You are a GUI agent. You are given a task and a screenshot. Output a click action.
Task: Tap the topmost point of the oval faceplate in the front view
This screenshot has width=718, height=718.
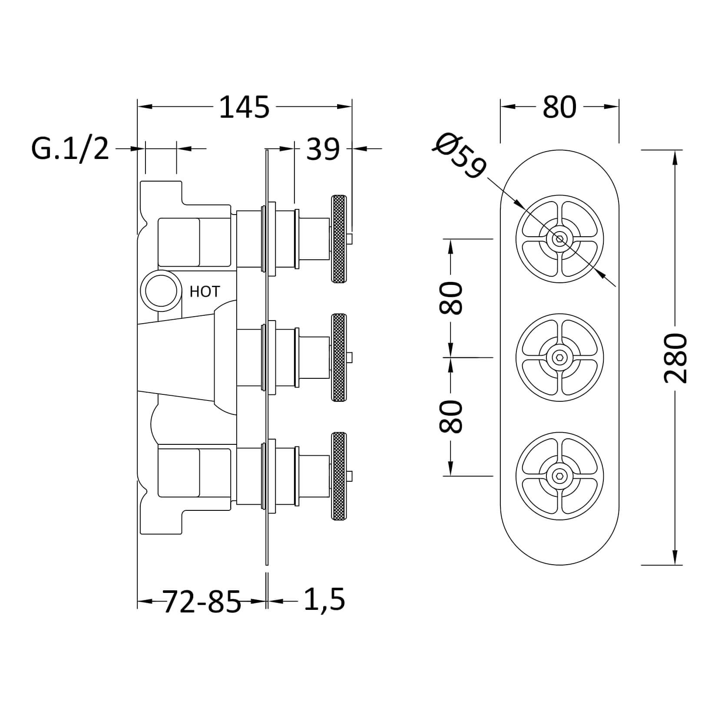tap(559, 150)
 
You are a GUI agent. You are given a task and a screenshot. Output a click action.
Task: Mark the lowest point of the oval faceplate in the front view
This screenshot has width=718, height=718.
tap(559, 565)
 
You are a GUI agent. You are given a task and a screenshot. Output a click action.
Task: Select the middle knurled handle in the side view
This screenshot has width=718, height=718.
tap(339, 357)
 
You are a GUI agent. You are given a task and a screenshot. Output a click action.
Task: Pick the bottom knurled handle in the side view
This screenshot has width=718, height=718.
tap(339, 476)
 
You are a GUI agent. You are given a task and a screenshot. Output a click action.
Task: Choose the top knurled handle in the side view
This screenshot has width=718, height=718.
tap(339, 239)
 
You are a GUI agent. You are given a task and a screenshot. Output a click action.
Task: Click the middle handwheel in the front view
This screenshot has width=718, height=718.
tap(559, 357)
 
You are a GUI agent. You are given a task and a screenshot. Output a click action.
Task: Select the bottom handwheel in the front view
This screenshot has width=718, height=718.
tap(559, 476)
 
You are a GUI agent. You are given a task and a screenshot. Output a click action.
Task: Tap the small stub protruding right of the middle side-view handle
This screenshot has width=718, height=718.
tap(349, 357)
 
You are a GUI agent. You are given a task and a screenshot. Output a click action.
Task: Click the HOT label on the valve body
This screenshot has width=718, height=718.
tap(205, 291)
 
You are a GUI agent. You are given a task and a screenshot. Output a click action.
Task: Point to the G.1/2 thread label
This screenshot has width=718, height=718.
tap(70, 149)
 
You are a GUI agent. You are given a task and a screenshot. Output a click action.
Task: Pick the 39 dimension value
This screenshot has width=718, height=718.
tap(323, 150)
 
